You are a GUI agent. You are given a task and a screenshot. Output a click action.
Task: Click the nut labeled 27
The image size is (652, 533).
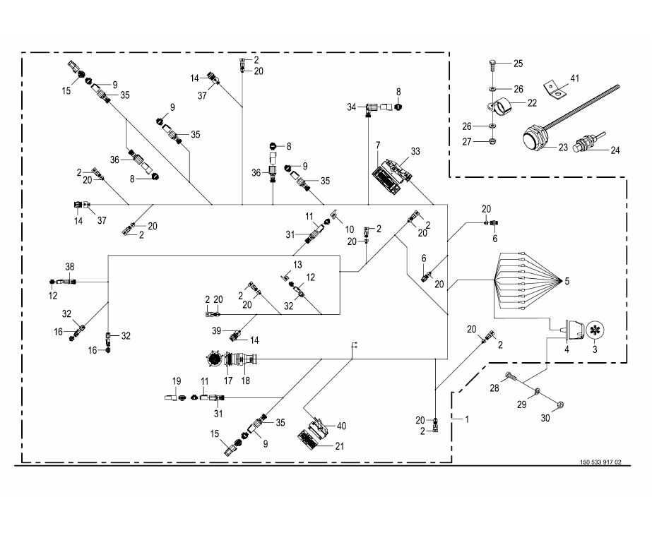pos(491,140)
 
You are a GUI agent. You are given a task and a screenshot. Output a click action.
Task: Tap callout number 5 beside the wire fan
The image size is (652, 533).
pos(565,281)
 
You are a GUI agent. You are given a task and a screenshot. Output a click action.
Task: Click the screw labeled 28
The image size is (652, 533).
pos(511,376)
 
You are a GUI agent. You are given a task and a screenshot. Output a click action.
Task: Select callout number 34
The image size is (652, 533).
pos(352,106)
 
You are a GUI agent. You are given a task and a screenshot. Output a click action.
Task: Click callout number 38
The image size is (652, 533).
pos(69,267)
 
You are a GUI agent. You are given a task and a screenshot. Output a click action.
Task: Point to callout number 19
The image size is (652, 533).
pos(177,381)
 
